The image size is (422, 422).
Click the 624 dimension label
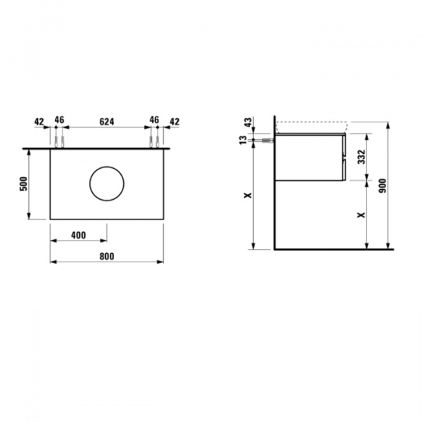coord(107,122)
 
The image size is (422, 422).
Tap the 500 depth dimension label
coord(24,184)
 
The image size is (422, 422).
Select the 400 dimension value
coord(79,236)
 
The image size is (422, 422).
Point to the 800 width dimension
coord(107,257)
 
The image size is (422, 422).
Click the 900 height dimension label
coord(383,186)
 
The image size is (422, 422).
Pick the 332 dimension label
coord(362,157)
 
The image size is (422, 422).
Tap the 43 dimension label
coord(248,122)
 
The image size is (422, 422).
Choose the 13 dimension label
coord(243,140)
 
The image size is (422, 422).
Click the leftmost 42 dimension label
coord(39,122)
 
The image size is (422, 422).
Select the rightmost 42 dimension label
coord(174,122)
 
